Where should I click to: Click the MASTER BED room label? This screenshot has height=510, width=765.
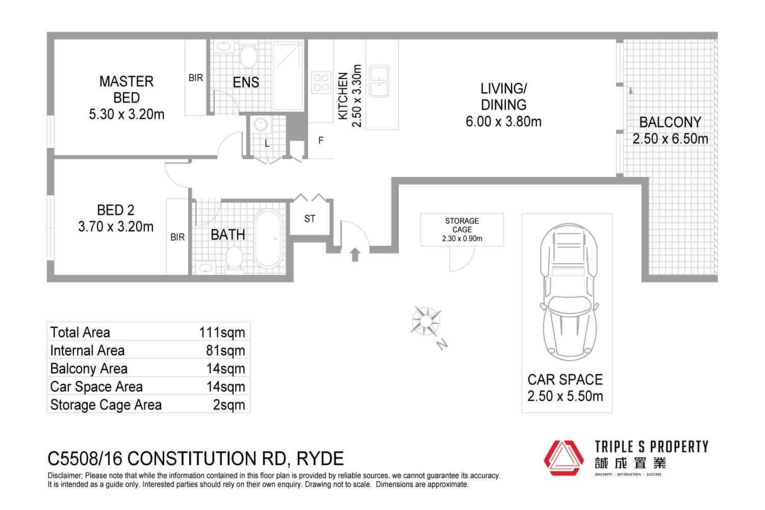pos(126,89)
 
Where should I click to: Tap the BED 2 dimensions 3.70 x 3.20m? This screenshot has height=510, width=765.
pos(116,226)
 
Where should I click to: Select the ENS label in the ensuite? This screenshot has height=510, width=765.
pos(246,82)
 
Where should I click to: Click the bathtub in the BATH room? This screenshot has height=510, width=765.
pos(268,238)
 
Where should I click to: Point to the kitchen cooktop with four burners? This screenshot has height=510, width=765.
pos(321,82)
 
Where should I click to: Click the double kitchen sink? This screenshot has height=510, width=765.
pos(379,81)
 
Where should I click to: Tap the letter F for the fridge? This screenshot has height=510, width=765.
pos(321,140)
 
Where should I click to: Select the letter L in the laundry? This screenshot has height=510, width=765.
pos(267,144)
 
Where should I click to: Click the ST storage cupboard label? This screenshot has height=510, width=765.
pos(310,219)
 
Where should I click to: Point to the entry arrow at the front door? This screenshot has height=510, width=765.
pos(355,254)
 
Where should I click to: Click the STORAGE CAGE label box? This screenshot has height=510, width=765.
pos(462,229)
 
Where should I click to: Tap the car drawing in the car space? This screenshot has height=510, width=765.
pos(569,292)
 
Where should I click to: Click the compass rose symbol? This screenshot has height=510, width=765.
pos(426,321)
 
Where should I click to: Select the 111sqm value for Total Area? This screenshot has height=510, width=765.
pos(222,333)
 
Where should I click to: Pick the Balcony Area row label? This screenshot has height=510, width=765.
pos(89,369)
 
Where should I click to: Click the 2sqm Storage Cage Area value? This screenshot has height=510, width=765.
pos(229,405)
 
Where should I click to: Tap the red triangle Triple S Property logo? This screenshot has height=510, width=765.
pos(564,458)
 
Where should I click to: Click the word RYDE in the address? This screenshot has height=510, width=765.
pos(320,458)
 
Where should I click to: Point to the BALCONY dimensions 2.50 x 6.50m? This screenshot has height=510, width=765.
pos(670,139)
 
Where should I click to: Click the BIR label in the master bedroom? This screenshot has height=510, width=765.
pos(196,78)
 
